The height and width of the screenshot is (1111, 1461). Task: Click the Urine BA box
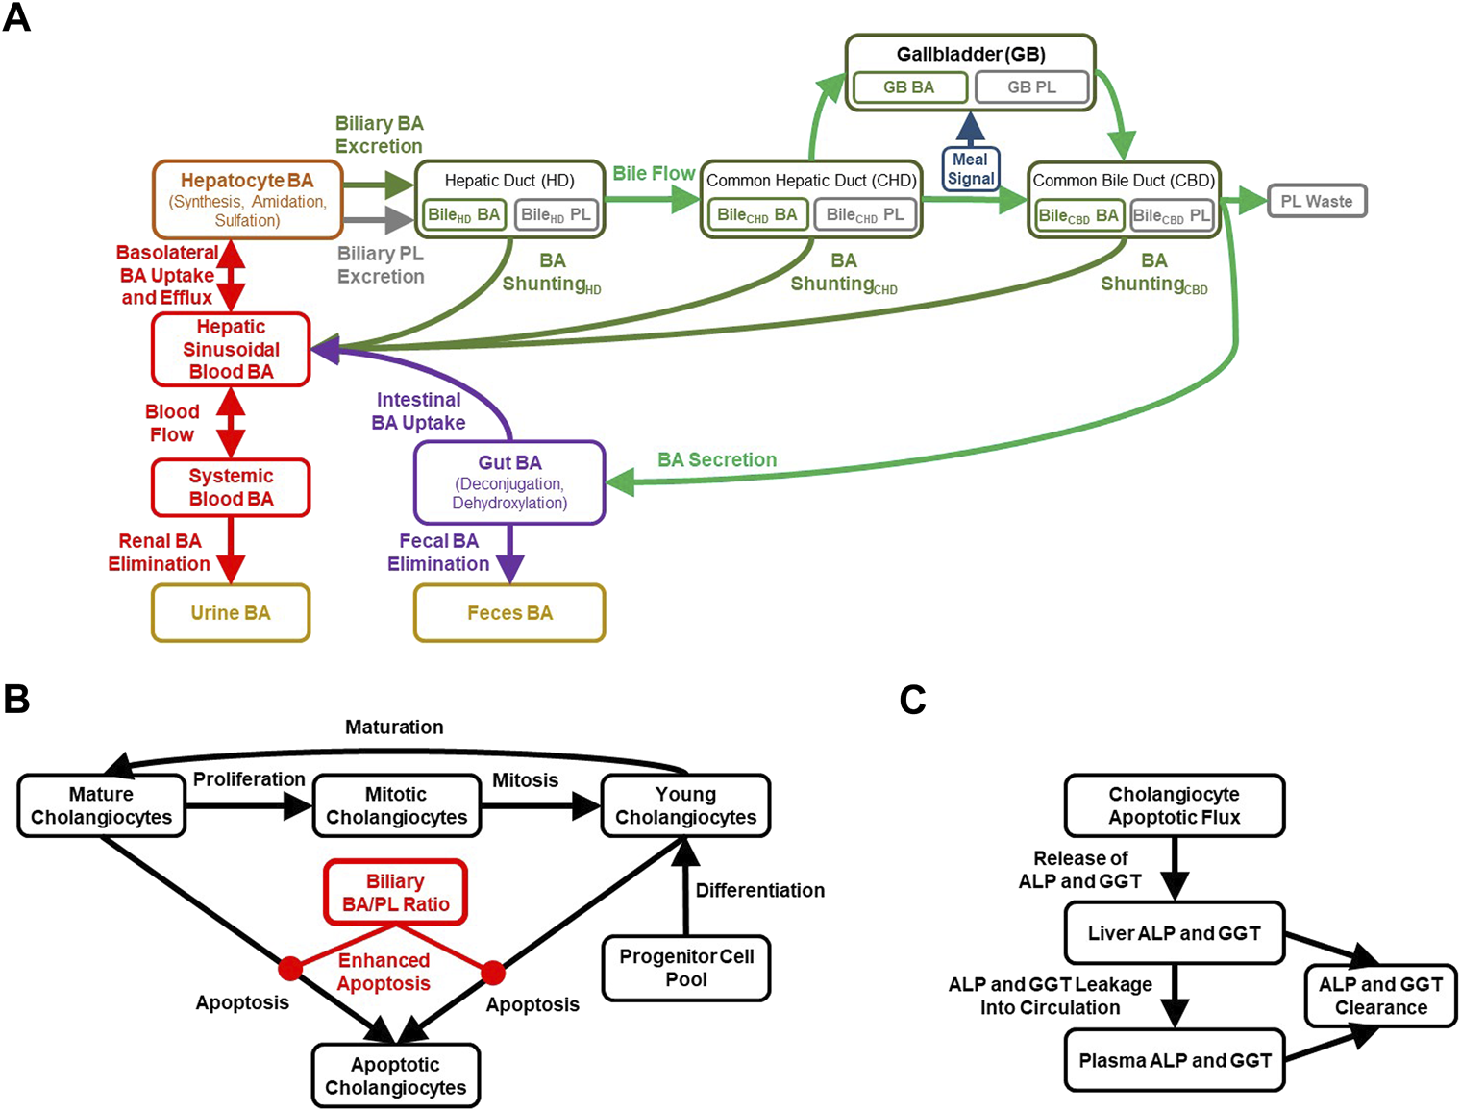[x=231, y=613]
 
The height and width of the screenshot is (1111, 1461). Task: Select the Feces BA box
[x=509, y=613]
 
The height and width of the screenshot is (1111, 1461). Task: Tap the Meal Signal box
[x=971, y=169]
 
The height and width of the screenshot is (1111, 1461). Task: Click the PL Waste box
[x=1316, y=202]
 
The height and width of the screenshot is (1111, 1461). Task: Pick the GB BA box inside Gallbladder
[x=908, y=87]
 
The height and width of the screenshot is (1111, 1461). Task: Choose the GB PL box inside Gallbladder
[x=1031, y=87]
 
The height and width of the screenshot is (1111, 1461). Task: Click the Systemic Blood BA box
[x=231, y=487]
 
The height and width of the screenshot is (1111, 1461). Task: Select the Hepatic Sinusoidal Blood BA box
[x=231, y=350]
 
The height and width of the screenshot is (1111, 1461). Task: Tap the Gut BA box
[x=509, y=482]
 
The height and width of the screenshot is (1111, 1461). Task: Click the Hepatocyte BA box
[x=247, y=200]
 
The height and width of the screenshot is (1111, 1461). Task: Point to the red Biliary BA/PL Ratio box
[x=395, y=893]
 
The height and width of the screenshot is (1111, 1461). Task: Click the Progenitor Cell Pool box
[x=686, y=968]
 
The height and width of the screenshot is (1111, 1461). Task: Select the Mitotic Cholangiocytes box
[x=396, y=805]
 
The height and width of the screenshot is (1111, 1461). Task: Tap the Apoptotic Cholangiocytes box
[x=395, y=1076]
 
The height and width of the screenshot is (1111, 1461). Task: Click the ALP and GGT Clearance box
[x=1380, y=997]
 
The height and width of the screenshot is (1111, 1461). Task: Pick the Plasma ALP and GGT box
[x=1175, y=1061]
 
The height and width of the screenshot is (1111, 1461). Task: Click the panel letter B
[x=16, y=700]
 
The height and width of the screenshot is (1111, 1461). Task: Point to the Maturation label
[x=394, y=728]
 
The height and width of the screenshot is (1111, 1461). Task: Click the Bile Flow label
[x=654, y=174]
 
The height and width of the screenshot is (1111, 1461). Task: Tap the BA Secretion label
[x=717, y=460]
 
